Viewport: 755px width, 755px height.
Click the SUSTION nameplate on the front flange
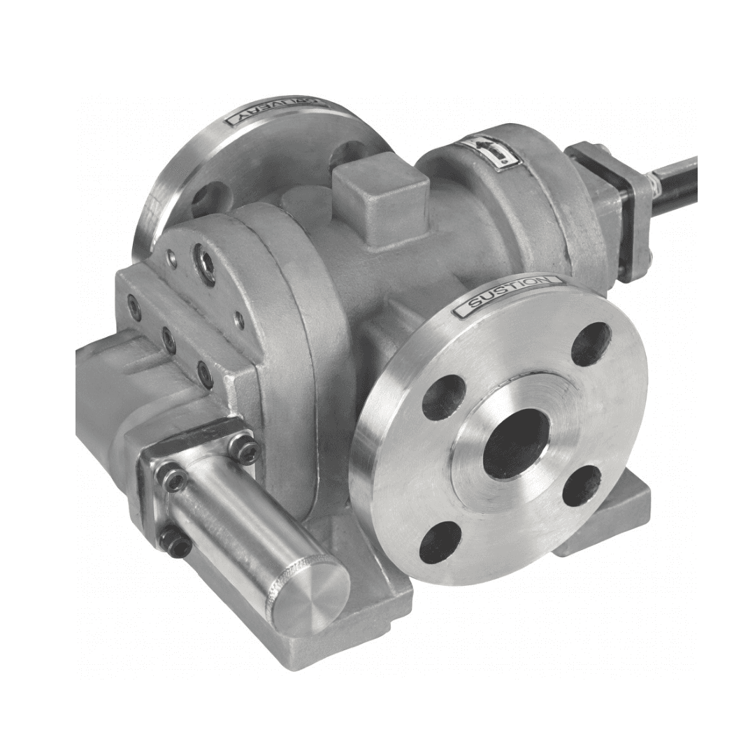tap(508, 296)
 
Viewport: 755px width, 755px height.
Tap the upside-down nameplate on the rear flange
tap(273, 112)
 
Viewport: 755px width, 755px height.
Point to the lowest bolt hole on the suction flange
tap(440, 542)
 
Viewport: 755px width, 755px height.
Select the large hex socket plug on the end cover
tap(206, 264)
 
